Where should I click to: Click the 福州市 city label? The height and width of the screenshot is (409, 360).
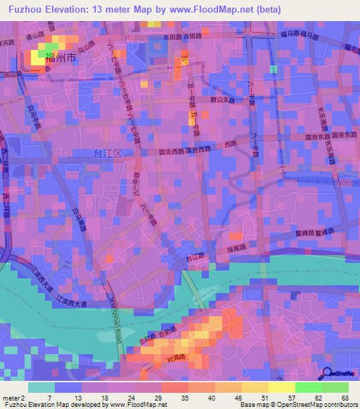tap(60, 58)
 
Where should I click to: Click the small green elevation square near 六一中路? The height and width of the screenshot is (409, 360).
tap(272, 69)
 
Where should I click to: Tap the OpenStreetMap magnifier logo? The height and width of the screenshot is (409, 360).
tap(327, 374)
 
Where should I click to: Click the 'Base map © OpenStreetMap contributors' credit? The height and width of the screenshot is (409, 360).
tap(299, 404)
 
